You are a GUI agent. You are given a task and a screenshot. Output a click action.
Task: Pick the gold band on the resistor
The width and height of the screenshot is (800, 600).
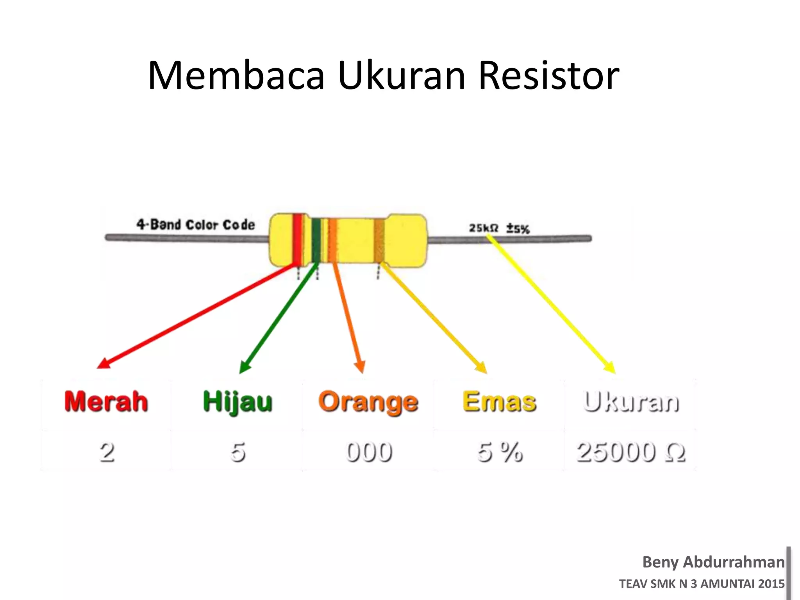tap(379, 240)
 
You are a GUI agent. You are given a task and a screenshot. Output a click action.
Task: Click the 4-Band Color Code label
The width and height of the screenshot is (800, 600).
tap(195, 225)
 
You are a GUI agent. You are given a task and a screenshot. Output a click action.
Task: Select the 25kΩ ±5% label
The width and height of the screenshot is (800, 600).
tap(499, 228)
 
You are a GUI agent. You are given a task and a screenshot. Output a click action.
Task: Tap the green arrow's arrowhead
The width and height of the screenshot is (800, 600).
tap(244, 368)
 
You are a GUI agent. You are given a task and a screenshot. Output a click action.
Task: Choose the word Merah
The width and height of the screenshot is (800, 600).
tap(106, 402)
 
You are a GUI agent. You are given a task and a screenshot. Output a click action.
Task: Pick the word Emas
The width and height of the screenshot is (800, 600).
tap(499, 402)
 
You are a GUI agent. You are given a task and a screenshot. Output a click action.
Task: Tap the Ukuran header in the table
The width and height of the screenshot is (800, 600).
tap(631, 402)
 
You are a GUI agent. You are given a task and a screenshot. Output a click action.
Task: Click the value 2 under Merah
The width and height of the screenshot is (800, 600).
tap(107, 452)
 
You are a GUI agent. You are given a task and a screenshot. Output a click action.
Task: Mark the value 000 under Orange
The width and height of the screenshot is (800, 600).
tap(369, 452)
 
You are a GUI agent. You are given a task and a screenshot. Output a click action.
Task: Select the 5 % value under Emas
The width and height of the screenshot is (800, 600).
tap(500, 452)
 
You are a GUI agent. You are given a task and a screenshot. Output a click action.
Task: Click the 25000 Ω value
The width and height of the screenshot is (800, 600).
tap(631, 452)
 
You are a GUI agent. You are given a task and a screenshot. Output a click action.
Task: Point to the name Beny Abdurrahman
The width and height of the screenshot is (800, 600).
tap(713, 562)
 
